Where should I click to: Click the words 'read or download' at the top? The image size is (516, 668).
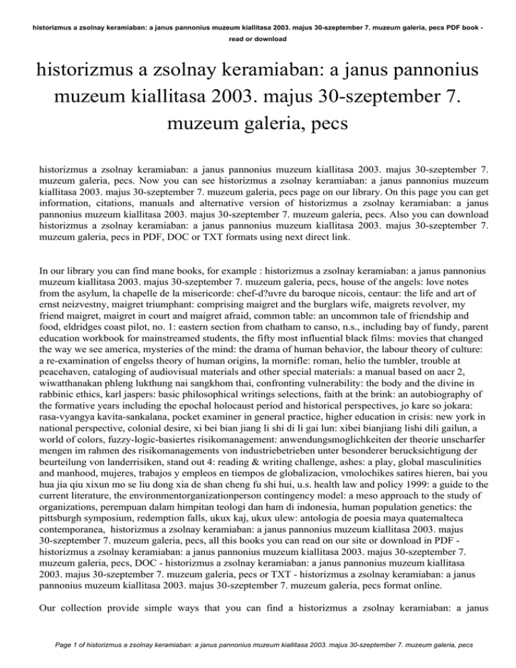click(x=257, y=40)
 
